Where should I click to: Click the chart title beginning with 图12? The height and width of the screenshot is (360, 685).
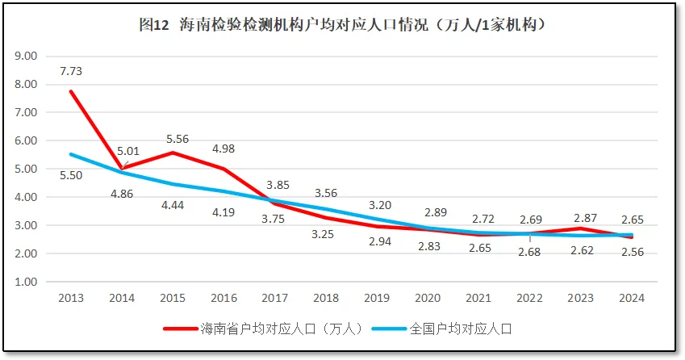[x=343, y=25]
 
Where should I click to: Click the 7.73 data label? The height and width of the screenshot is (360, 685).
[x=71, y=71]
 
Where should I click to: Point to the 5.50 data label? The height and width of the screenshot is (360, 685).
[x=71, y=174]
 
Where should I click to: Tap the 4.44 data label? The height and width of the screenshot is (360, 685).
[x=175, y=205]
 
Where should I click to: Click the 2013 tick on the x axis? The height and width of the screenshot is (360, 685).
[x=71, y=298]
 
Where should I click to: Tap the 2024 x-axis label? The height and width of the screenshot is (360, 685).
[x=632, y=298]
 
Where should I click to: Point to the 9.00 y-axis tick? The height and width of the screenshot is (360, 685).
[x=27, y=56]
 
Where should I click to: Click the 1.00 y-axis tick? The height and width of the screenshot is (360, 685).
[x=27, y=282]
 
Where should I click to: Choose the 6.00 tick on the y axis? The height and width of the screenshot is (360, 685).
[x=27, y=140]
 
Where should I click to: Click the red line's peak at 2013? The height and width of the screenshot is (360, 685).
[x=71, y=91]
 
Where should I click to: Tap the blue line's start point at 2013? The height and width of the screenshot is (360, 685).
[x=71, y=154]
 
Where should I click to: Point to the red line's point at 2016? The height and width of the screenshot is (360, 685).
[x=223, y=170]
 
